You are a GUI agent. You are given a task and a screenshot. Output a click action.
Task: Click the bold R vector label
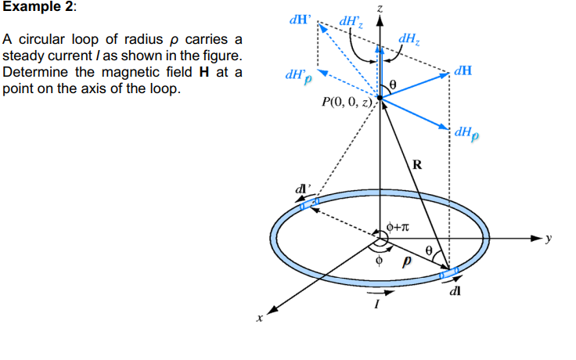click(417, 164)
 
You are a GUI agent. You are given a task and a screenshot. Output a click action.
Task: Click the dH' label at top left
click(298, 20)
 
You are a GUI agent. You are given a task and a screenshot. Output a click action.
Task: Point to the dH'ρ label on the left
click(298, 76)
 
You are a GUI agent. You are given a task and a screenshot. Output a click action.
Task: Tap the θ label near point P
click(394, 83)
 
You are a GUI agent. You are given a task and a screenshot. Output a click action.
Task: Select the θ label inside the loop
click(428, 250)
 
